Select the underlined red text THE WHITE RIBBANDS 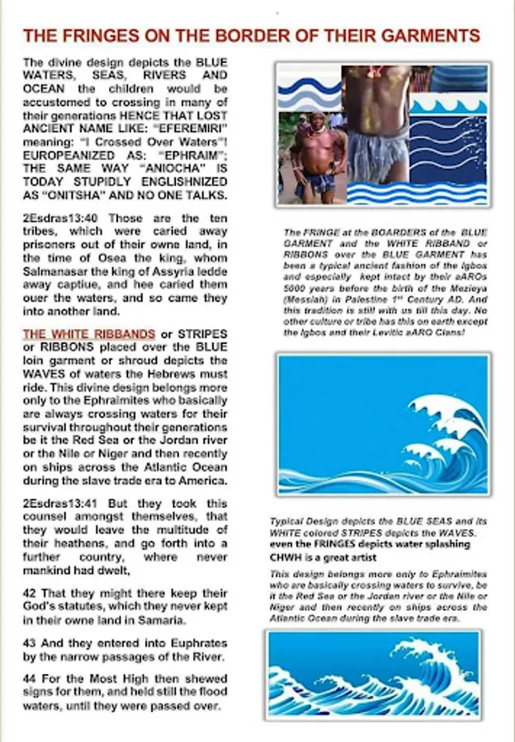tap(88, 334)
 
